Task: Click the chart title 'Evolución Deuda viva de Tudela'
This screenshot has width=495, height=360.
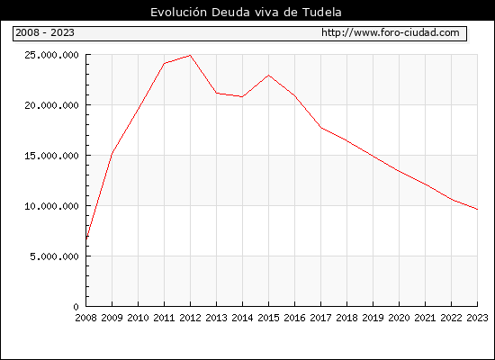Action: click(246, 13)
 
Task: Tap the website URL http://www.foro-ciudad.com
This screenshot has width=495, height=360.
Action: click(391, 32)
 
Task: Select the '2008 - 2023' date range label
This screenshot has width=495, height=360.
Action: click(45, 32)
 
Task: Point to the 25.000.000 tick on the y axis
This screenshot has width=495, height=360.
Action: click(51, 55)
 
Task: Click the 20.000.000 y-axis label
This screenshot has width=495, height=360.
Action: click(51, 105)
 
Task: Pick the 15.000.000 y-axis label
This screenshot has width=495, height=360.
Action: click(51, 156)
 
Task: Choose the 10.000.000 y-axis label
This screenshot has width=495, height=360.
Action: click(51, 206)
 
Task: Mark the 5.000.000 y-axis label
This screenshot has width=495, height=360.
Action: click(54, 256)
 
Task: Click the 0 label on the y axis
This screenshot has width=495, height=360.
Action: click(76, 307)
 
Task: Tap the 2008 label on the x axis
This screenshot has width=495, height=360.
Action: click(85, 318)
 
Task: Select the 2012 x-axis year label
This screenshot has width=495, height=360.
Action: click(190, 318)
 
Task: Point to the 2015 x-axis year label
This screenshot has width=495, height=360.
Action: click(268, 318)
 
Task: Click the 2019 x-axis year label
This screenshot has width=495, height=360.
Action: click(373, 318)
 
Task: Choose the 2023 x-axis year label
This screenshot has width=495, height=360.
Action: click(477, 318)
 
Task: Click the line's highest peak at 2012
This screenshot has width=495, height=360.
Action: click(190, 55)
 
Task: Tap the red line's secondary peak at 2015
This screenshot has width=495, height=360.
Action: click(268, 76)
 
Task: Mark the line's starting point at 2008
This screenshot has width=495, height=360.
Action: click(86, 238)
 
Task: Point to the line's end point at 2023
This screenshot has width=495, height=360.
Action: click(477, 209)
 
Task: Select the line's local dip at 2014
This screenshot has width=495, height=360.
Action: click(242, 96)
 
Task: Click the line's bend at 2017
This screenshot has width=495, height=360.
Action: click(320, 128)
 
